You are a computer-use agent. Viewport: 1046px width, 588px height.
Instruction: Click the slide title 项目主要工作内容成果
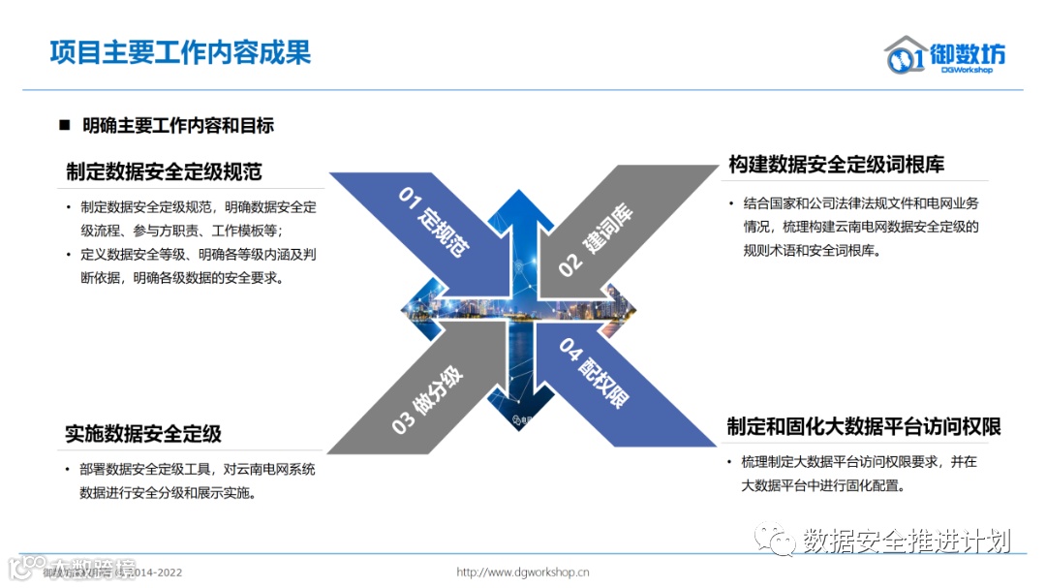click(180, 52)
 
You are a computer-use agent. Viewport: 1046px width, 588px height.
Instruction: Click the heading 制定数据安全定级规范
click(164, 171)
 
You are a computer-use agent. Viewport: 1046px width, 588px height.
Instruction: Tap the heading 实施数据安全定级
click(143, 434)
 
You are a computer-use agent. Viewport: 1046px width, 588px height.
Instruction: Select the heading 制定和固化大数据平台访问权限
click(863, 427)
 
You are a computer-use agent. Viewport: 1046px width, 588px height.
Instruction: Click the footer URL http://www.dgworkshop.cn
click(523, 573)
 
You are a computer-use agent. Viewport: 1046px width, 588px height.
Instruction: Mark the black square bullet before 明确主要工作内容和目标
click(65, 125)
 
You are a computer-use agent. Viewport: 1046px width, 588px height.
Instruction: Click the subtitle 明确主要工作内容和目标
click(178, 125)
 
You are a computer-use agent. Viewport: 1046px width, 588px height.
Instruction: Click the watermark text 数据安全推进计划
click(907, 541)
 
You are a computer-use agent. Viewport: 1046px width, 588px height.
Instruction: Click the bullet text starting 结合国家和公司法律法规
click(861, 227)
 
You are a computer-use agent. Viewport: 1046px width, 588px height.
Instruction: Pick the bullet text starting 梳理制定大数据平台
click(858, 474)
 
